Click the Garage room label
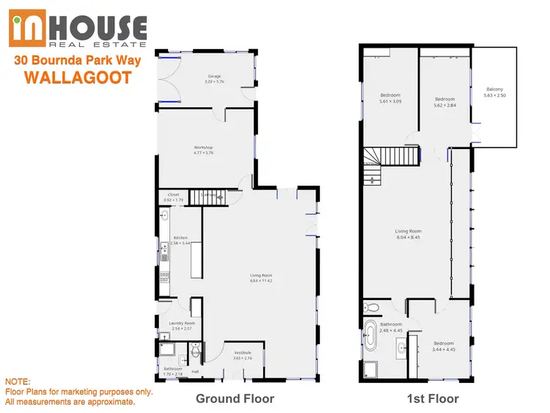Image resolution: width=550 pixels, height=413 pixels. tap(214, 75)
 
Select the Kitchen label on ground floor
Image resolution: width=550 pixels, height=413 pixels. tap(180, 238)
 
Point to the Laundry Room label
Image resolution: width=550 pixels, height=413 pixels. tap(181, 323)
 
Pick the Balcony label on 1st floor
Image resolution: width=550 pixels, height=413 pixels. tap(495, 89)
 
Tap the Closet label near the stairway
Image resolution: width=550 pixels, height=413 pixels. tap(173, 194)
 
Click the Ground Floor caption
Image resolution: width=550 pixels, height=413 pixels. tap(235, 398)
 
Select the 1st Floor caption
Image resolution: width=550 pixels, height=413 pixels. tap(433, 398)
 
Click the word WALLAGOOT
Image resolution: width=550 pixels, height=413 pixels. tap(78, 77)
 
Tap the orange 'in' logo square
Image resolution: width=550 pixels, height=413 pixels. tap(30, 29)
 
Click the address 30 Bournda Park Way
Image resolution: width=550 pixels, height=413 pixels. tap(78, 61)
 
